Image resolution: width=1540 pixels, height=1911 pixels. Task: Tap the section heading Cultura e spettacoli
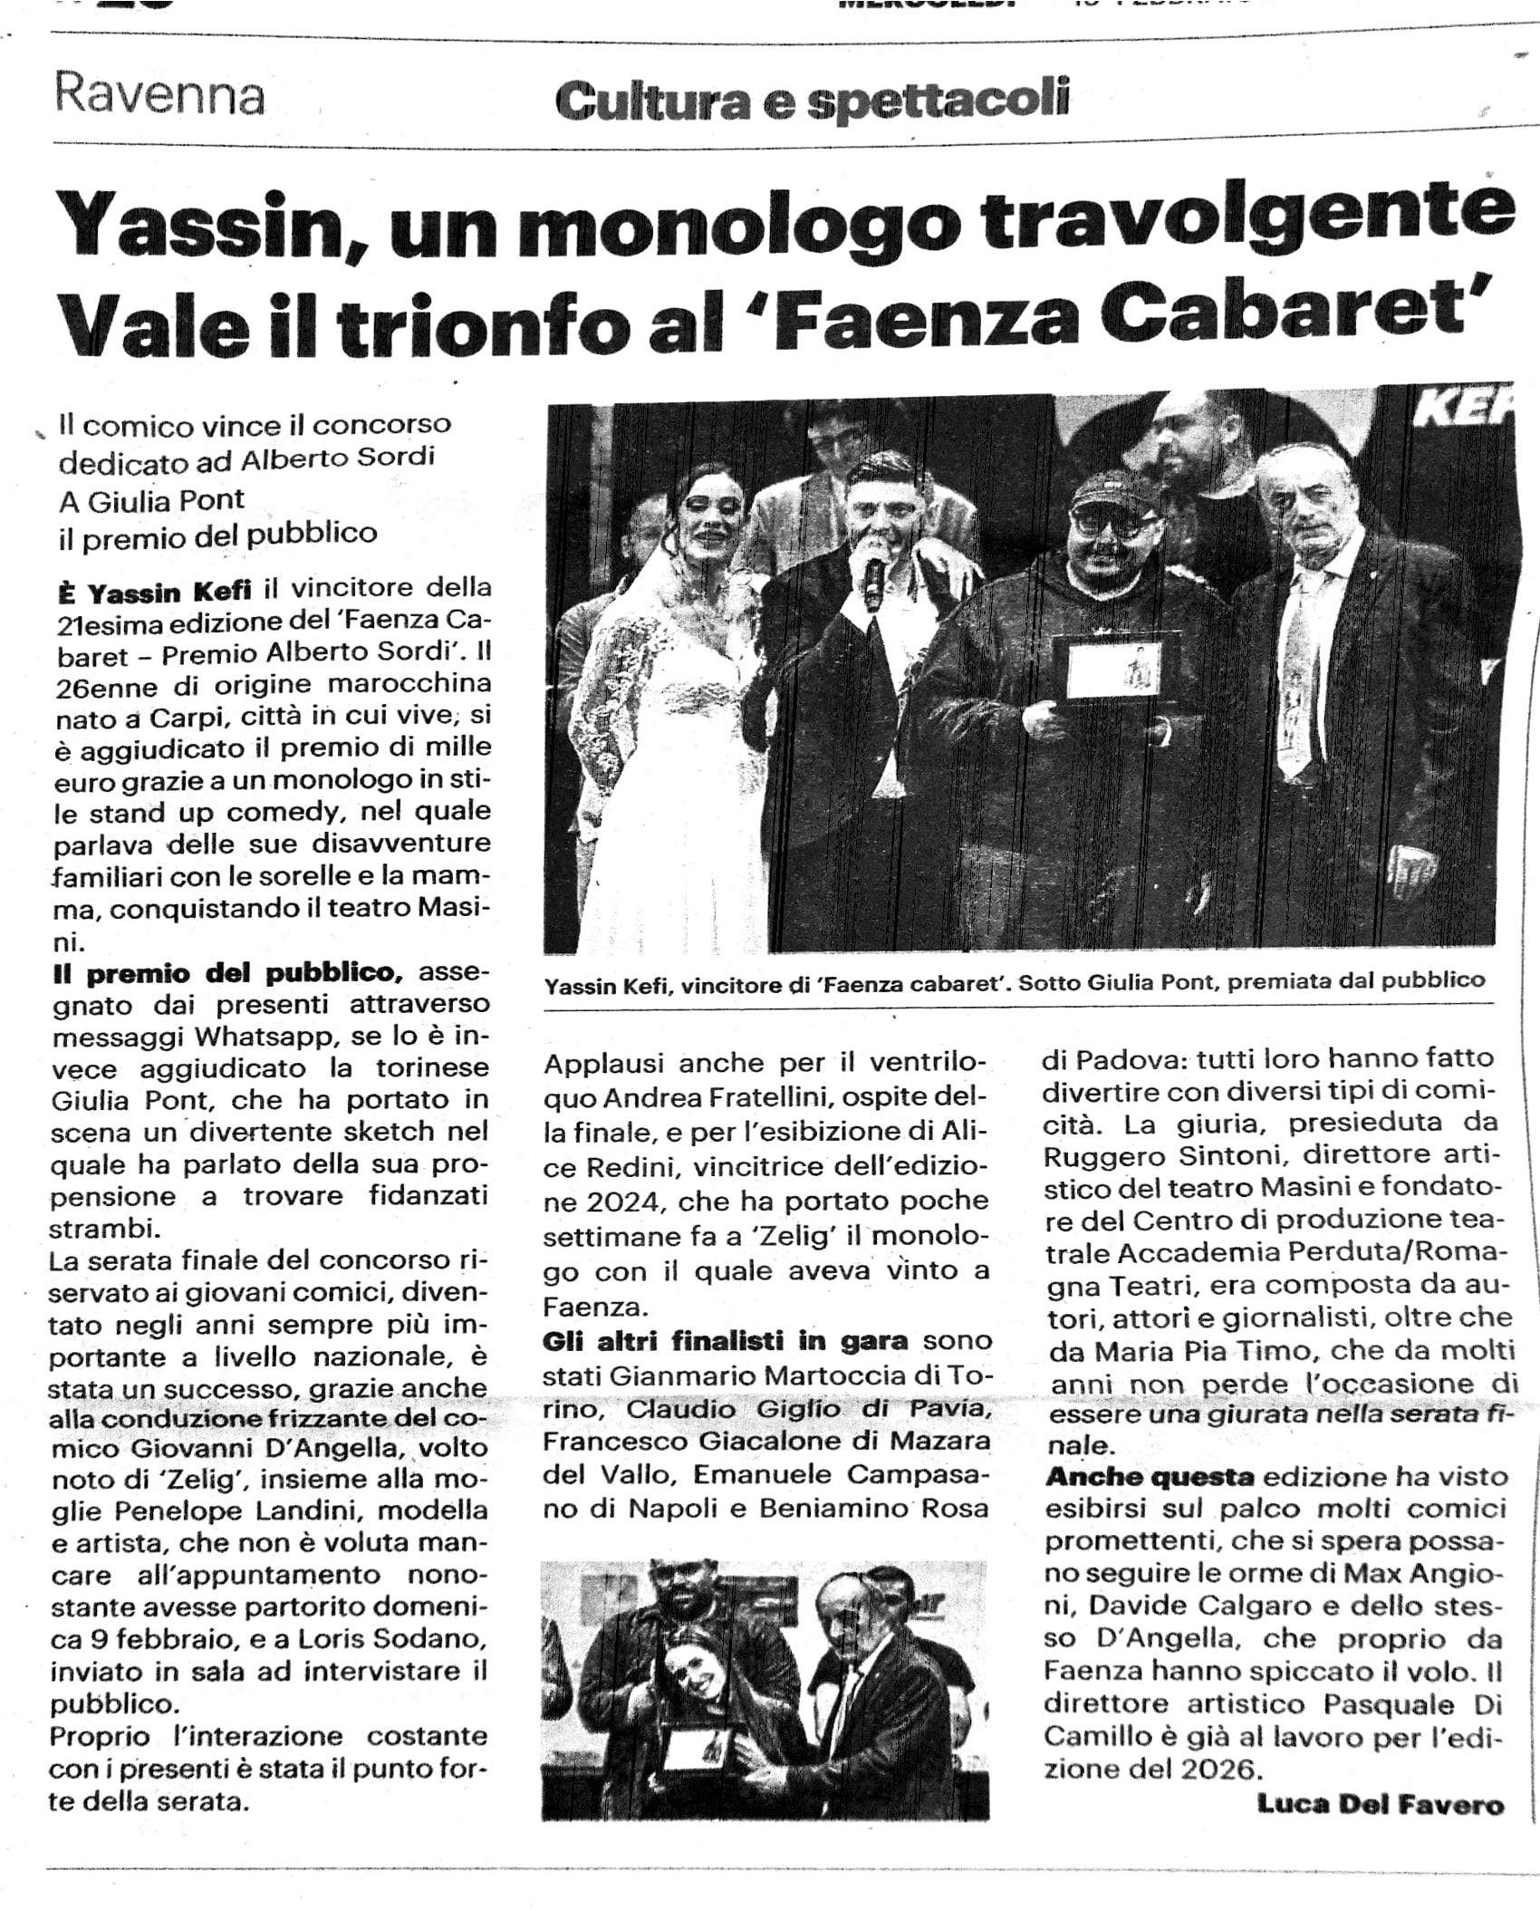tap(812, 100)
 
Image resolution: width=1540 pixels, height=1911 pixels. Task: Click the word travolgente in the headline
tap(1248, 220)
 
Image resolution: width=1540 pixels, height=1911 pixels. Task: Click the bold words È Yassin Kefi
tap(154, 592)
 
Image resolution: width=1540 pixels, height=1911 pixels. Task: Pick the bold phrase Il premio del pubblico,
tap(226, 973)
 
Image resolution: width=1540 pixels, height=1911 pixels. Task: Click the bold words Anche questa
tap(1149, 1477)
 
